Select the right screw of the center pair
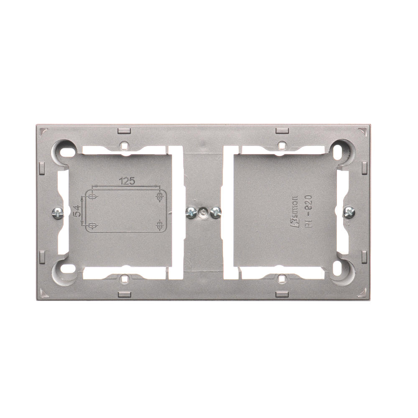[x=216, y=212]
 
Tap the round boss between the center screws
[x=203, y=212]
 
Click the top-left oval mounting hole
[x=66, y=152]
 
